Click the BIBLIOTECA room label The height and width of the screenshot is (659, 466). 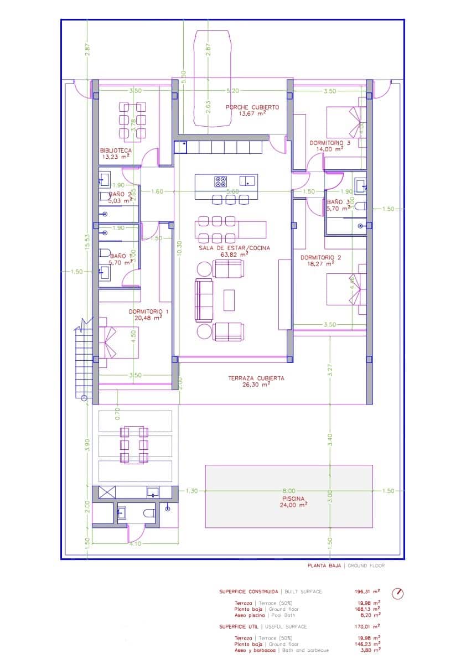pyautogui.click(x=116, y=150)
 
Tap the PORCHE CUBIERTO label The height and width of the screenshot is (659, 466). pyautogui.click(x=252, y=107)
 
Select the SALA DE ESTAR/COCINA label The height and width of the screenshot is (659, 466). pyautogui.click(x=235, y=248)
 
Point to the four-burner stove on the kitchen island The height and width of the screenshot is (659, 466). pyautogui.click(x=221, y=180)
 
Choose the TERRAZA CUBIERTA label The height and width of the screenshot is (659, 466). pyautogui.click(x=256, y=378)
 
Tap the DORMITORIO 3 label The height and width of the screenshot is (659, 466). pyautogui.click(x=330, y=143)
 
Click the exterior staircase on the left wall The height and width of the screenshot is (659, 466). pyautogui.click(x=83, y=360)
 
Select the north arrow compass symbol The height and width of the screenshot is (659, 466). pyautogui.click(x=397, y=593)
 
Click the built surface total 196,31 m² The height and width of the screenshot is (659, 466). pyautogui.click(x=367, y=591)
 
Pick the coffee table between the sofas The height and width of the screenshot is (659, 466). pyautogui.click(x=229, y=300)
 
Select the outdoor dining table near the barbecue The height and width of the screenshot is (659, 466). pyautogui.click(x=134, y=444)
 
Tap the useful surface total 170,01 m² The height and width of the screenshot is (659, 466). pyautogui.click(x=367, y=626)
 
